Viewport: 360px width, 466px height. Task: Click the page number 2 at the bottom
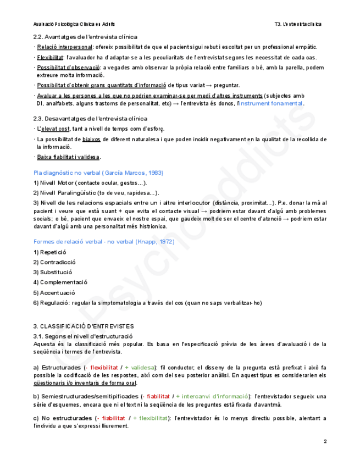[x=325, y=442]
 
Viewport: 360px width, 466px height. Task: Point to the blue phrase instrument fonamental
[x=271, y=103]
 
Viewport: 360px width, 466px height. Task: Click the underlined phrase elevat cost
[x=55, y=129]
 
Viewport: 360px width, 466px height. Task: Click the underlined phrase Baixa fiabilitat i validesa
[x=69, y=157]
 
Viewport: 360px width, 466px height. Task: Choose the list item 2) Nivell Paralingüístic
[x=97, y=193]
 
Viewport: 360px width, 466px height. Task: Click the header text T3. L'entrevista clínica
[x=298, y=24]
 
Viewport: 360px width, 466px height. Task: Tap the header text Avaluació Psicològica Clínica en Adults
[x=74, y=24]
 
